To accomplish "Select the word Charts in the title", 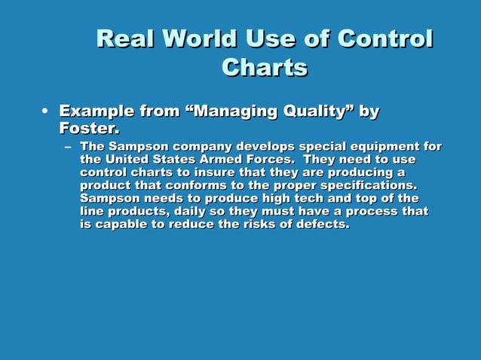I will [265, 68].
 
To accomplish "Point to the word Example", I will [99, 112].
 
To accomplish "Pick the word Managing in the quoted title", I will [231, 112].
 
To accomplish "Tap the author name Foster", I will [89, 130].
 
